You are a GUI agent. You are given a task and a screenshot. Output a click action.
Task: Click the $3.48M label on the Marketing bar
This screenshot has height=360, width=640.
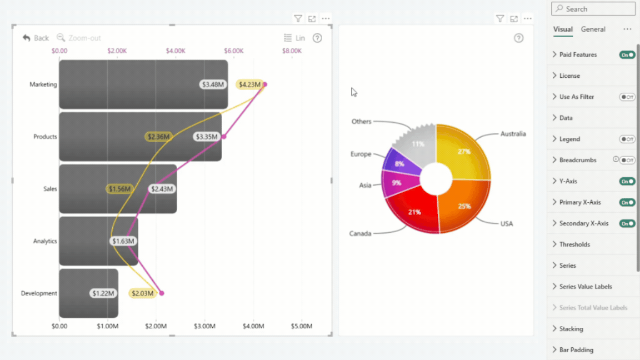(x=213, y=84)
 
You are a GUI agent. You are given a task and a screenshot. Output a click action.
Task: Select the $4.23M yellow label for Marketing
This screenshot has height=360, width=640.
(x=249, y=84)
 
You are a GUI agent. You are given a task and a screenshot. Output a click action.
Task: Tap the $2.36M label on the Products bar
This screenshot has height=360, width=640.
(x=158, y=137)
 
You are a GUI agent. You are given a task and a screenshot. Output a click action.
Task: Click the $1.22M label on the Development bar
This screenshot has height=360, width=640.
(x=103, y=293)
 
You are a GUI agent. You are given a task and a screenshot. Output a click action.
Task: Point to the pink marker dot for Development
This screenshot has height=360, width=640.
(x=162, y=293)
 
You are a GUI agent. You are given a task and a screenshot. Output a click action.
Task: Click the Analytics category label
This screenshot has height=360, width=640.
(x=45, y=241)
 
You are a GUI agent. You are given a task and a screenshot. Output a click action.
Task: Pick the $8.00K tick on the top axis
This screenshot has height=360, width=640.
(x=292, y=51)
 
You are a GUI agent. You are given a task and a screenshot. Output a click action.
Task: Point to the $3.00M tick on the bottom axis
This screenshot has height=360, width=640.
(x=204, y=326)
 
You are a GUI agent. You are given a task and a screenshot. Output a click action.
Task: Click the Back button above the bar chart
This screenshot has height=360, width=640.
(x=36, y=38)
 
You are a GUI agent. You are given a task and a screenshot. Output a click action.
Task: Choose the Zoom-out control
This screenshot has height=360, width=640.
(x=79, y=38)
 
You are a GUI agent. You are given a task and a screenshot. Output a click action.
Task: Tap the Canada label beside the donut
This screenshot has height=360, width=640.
(x=360, y=233)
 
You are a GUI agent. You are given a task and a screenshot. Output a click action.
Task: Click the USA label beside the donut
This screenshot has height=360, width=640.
(x=507, y=224)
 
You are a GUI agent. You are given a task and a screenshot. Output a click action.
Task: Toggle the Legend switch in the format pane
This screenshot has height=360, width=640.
(x=627, y=139)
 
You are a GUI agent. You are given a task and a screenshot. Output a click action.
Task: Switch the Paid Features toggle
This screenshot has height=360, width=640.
(x=627, y=54)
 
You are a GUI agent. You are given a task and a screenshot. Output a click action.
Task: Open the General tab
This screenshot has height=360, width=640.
(x=593, y=29)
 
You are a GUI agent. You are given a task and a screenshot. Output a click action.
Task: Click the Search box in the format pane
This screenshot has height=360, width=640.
(x=593, y=8)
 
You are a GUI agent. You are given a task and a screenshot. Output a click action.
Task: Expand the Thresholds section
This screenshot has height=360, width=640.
(x=574, y=244)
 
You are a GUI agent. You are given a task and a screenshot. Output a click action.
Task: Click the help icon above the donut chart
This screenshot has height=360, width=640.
(x=518, y=38)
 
